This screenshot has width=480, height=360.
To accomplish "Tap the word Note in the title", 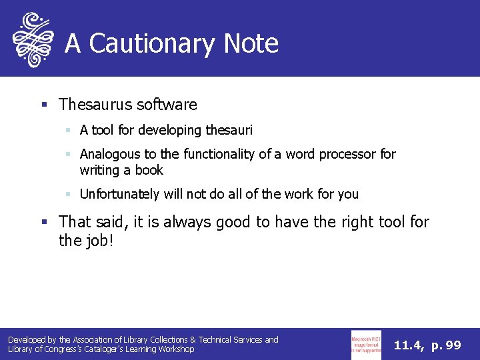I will [x=251, y=44].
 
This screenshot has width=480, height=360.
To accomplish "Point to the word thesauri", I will [x=227, y=130].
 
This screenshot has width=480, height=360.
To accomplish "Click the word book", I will [x=149, y=170].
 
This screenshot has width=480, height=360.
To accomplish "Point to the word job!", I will [x=100, y=241].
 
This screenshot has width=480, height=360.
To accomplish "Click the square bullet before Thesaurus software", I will [x=44, y=105].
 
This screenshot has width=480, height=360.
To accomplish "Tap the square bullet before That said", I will [x=44, y=221].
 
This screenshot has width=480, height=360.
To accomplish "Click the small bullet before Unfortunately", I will [x=69, y=194].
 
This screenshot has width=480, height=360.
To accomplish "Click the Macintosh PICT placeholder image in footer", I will [x=366, y=344].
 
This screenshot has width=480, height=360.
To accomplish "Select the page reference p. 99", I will [x=446, y=345].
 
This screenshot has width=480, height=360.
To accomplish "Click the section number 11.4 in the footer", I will [x=407, y=345].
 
